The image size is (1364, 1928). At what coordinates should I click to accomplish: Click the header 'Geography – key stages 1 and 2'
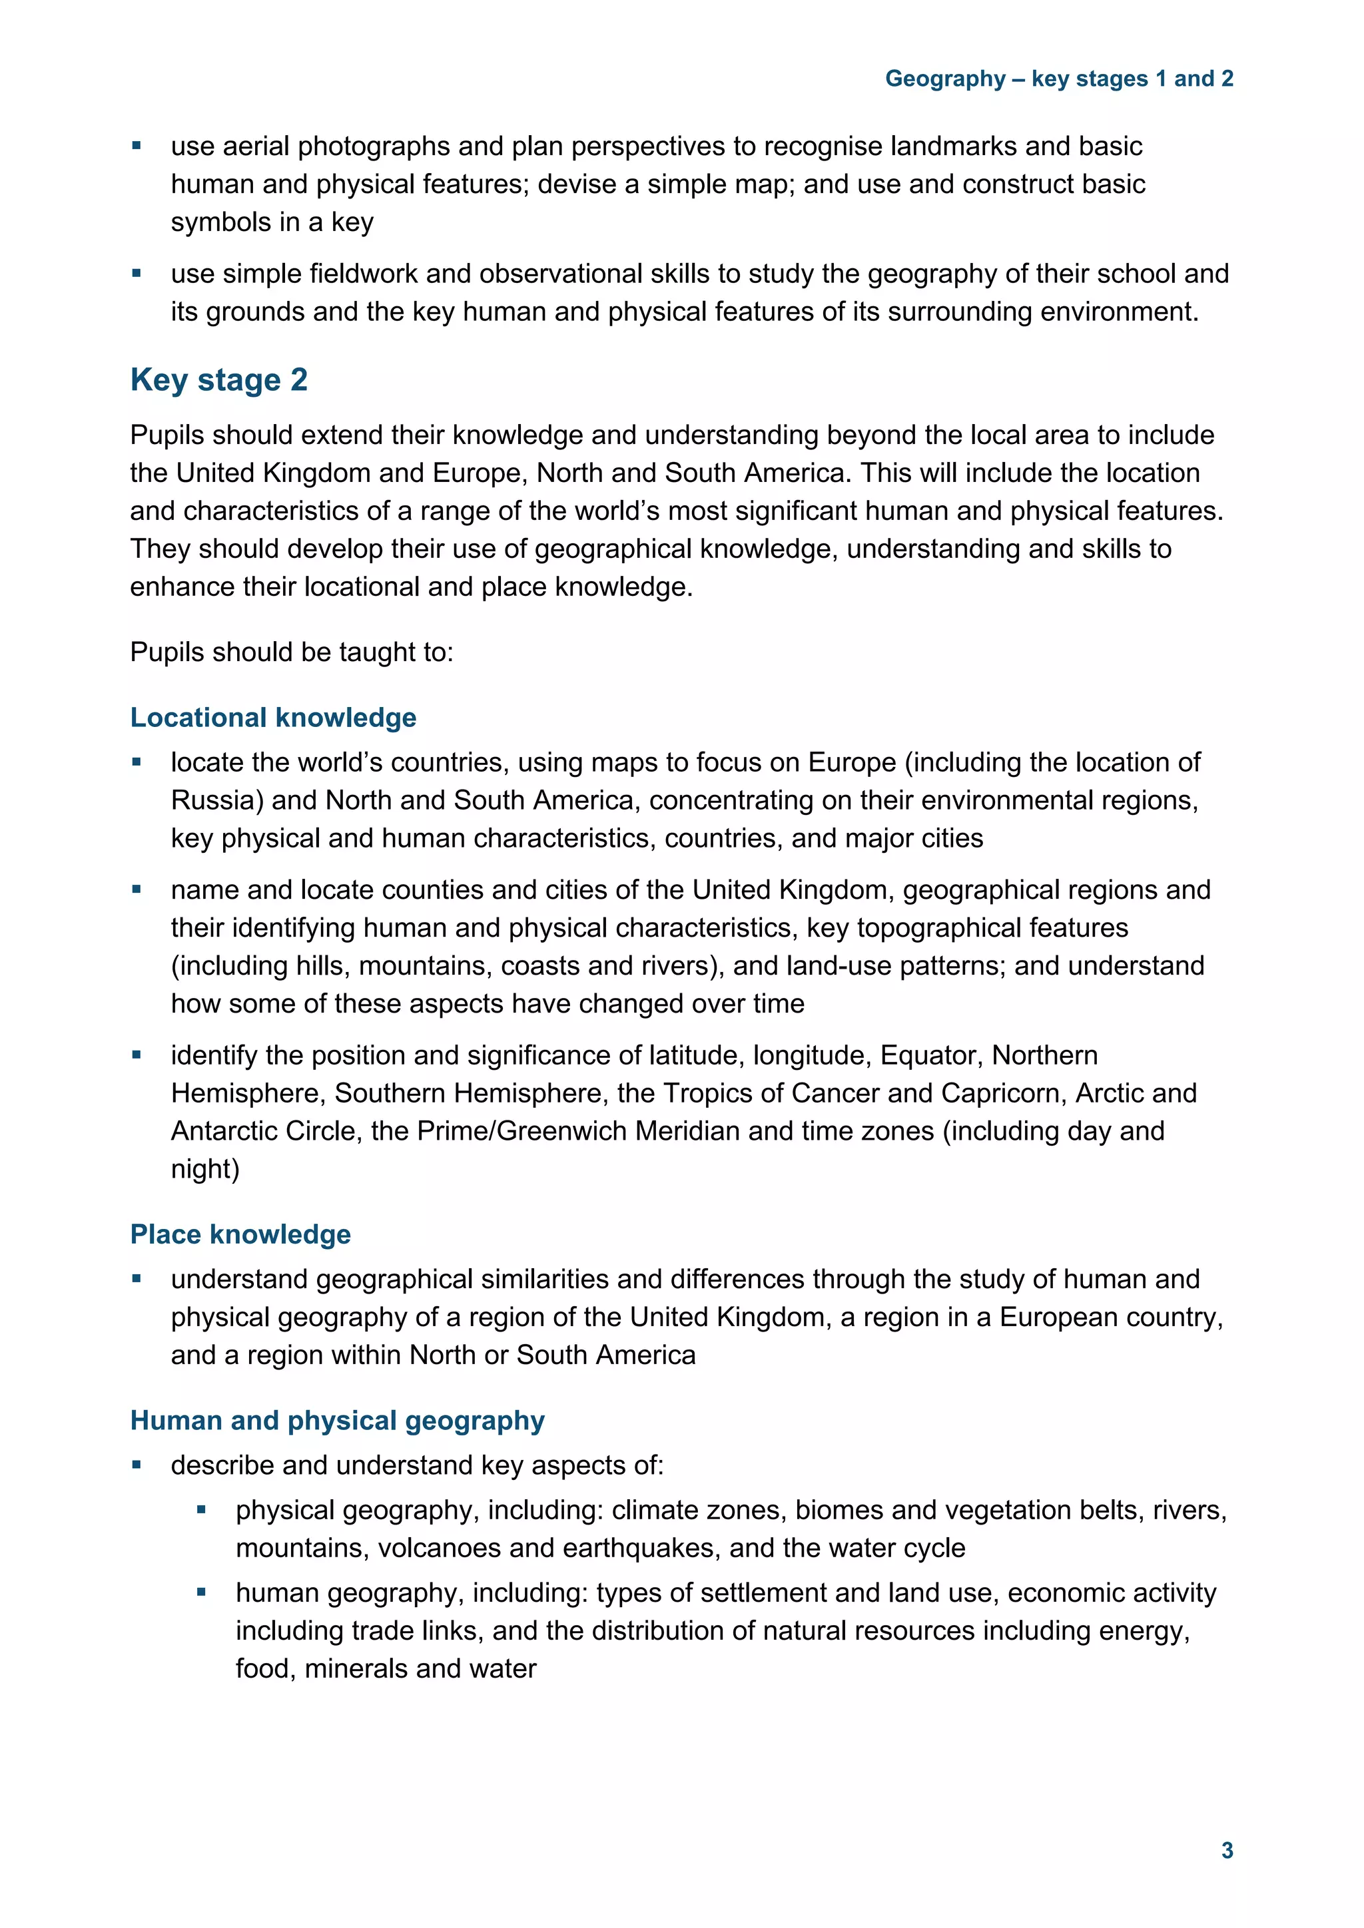tap(1058, 79)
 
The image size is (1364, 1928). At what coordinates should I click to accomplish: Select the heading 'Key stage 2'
tap(218, 380)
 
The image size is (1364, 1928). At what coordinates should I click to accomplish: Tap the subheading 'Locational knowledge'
tap(273, 718)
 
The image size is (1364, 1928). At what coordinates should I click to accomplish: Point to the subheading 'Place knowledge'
tap(240, 1234)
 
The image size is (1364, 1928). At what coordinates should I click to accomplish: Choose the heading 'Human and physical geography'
tap(337, 1420)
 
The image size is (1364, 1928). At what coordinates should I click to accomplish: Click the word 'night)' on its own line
tap(205, 1169)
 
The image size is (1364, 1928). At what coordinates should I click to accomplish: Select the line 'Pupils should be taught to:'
tap(292, 652)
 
